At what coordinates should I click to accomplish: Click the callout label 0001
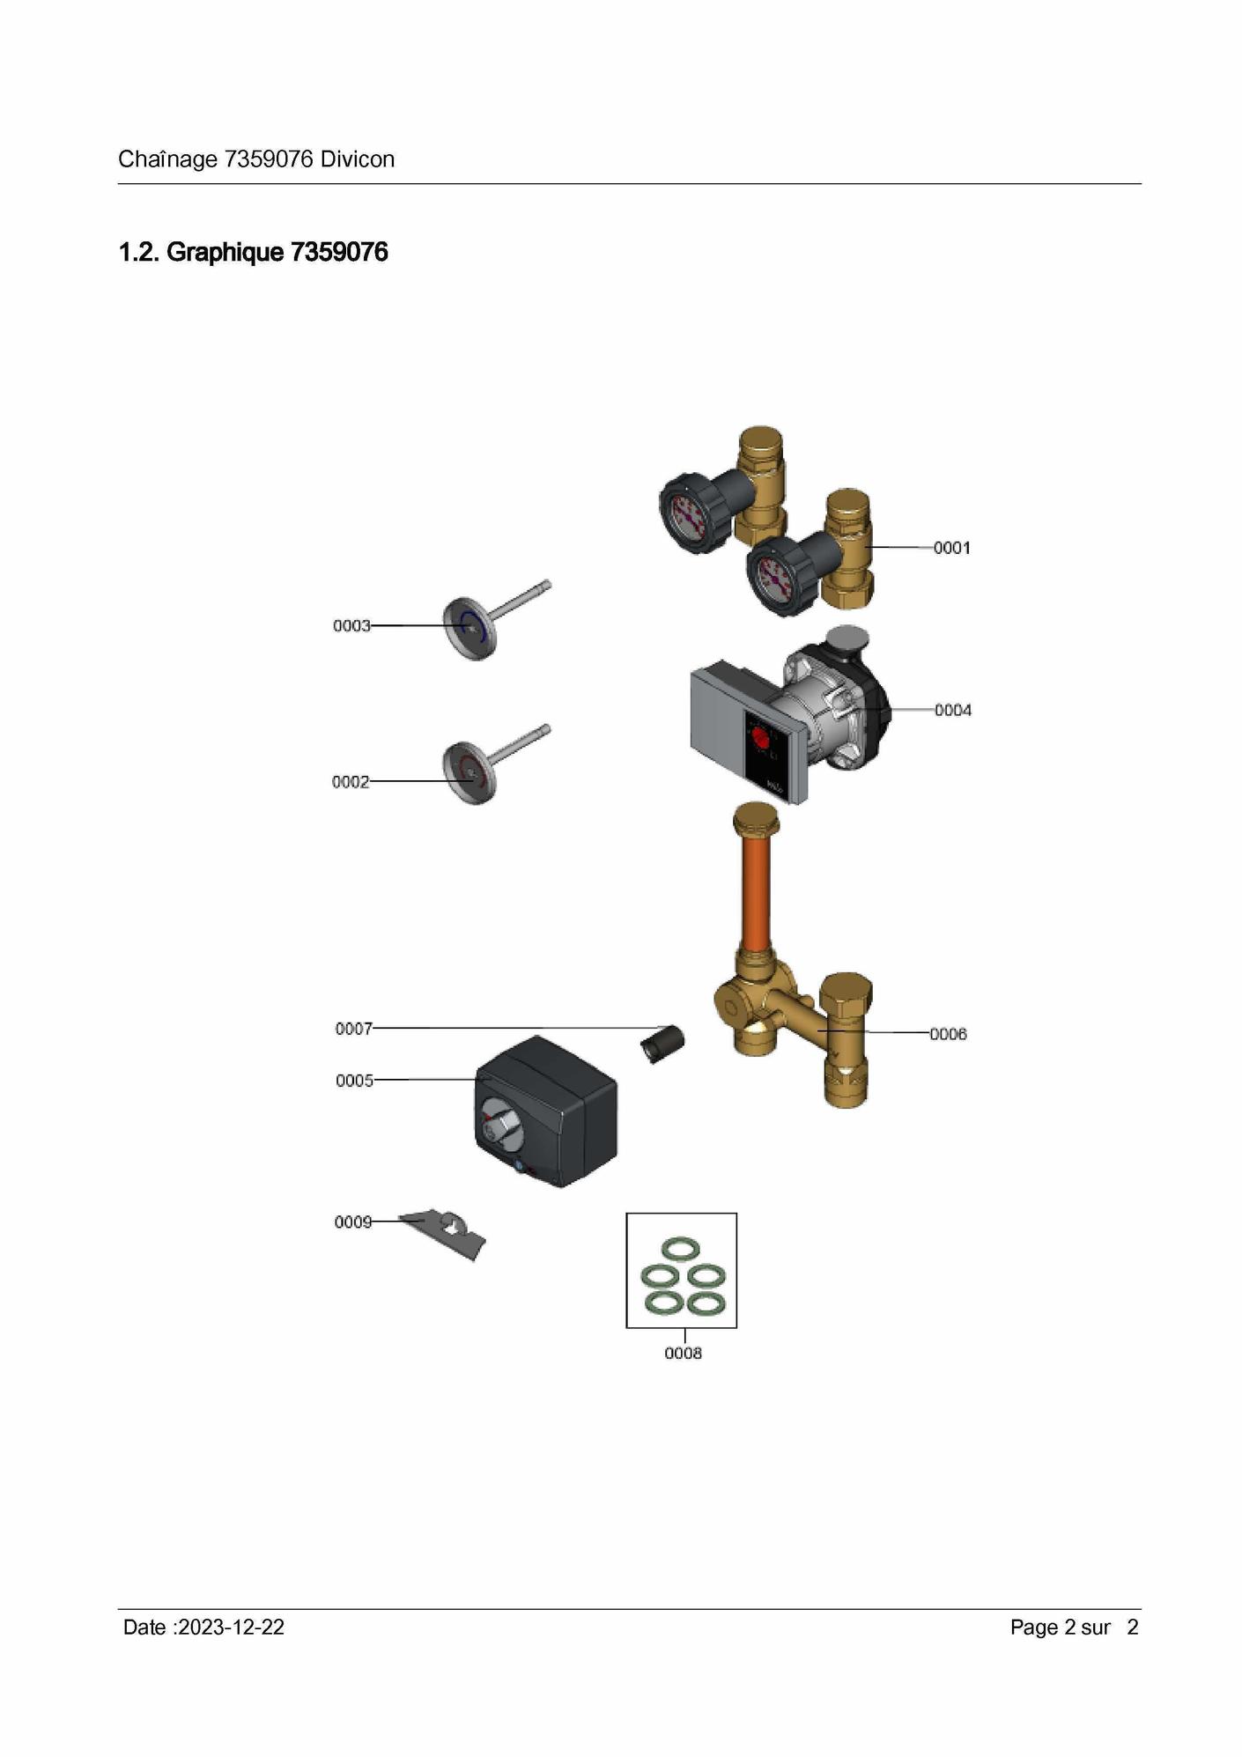point(951,548)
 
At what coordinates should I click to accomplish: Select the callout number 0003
point(351,625)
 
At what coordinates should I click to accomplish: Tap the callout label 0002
point(351,782)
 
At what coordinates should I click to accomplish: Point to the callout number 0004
point(953,710)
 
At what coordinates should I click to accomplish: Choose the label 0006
point(948,1034)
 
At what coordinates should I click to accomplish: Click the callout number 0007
point(354,1029)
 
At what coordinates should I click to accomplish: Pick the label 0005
point(354,1081)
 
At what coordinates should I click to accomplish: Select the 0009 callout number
point(353,1222)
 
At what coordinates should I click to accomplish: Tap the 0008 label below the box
point(683,1354)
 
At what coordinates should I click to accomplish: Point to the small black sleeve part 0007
point(662,1044)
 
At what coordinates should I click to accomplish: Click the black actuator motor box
point(546,1111)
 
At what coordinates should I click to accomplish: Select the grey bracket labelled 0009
point(445,1233)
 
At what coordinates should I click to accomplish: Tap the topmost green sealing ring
point(680,1249)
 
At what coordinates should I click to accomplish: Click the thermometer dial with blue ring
point(469,628)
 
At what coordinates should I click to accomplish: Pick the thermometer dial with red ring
point(469,773)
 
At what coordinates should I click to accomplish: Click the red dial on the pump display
point(758,738)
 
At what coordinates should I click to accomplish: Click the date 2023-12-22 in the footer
point(231,1628)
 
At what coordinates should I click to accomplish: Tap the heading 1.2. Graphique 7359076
point(254,253)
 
